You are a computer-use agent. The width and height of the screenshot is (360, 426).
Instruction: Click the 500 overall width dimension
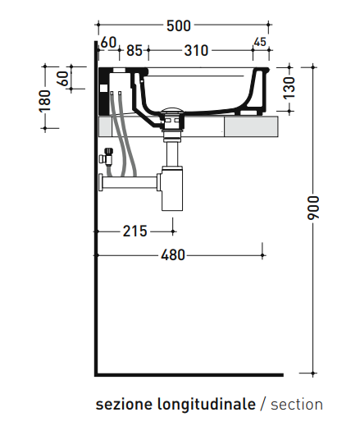pyautogui.click(x=179, y=26)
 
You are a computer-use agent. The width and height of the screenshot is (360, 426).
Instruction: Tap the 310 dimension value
pyautogui.click(x=196, y=51)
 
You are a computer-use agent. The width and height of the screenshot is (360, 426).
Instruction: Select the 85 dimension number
pyautogui.click(x=134, y=51)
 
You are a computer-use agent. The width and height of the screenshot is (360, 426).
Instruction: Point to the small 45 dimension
pyautogui.click(x=260, y=42)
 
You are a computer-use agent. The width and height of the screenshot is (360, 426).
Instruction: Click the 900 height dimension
pyautogui.click(x=313, y=208)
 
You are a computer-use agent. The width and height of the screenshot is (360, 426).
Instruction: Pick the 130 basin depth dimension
pyautogui.click(x=289, y=88)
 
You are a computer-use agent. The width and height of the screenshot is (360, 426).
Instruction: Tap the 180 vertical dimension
pyautogui.click(x=45, y=101)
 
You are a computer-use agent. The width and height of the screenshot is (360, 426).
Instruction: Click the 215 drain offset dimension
pyautogui.click(x=134, y=231)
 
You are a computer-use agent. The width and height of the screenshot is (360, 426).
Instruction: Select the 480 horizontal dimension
pyautogui.click(x=173, y=255)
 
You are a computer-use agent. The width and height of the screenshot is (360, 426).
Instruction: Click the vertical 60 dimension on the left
pyautogui.click(x=63, y=79)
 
